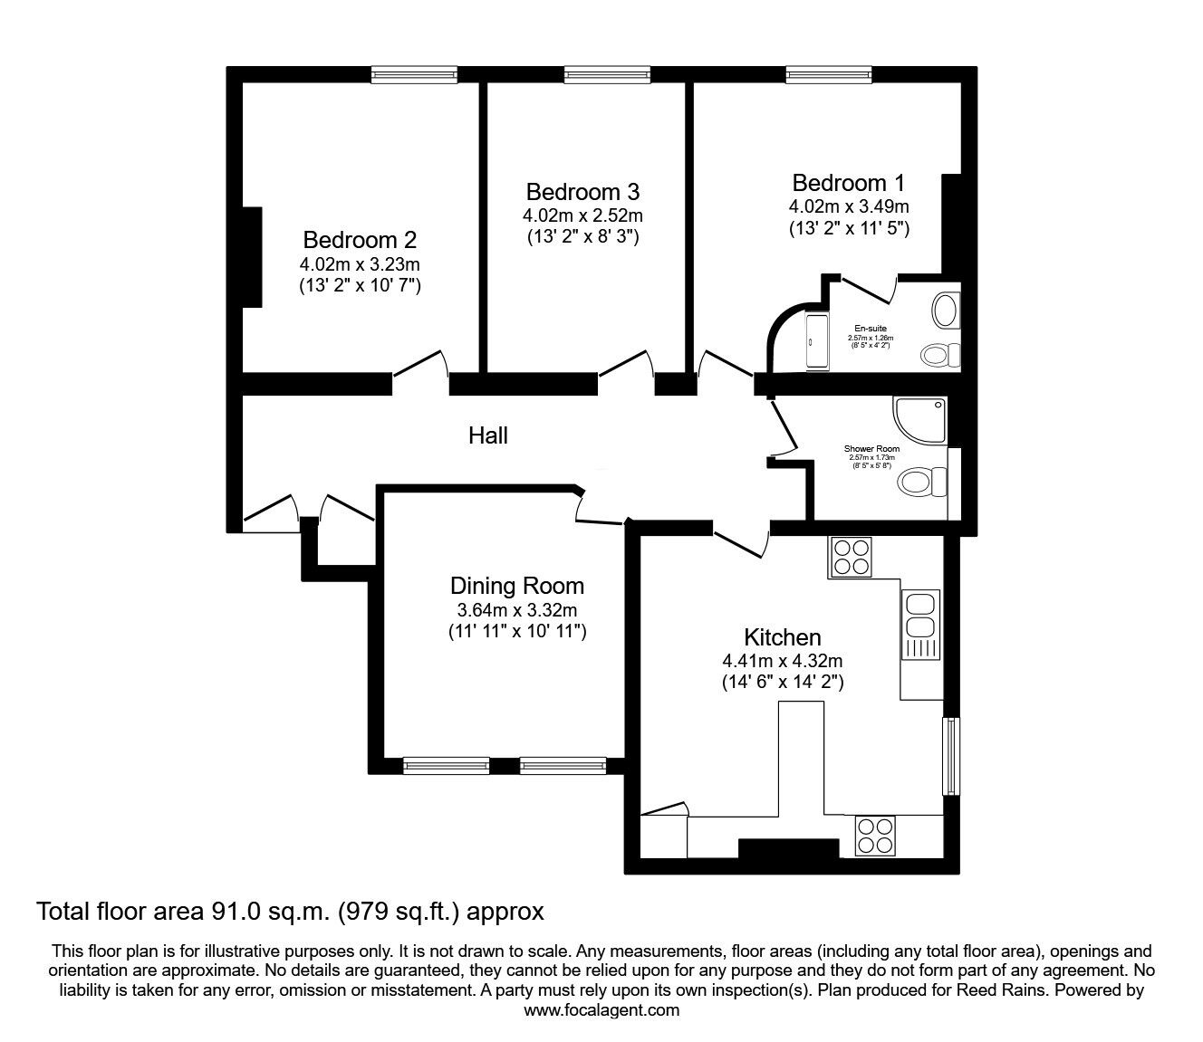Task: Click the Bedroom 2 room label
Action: pos(360,240)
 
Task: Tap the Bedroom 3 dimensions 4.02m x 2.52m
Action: pos(582,215)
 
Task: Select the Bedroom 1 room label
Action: pos(848,183)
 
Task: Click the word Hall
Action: pos(487,435)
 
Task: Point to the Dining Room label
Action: pos(517,586)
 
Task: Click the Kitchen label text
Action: pos(783,636)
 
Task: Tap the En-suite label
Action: pos(871,329)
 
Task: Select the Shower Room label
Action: pos(871,449)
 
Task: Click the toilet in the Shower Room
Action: pos(922,482)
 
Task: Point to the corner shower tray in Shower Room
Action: pos(922,418)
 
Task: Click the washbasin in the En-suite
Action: pos(946,310)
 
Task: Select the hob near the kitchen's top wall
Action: pos(850,557)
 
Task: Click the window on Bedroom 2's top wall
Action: pos(414,75)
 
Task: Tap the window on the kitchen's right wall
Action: pos(950,756)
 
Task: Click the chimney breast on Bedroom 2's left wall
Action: pos(251,257)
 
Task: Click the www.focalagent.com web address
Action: pos(601,1010)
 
